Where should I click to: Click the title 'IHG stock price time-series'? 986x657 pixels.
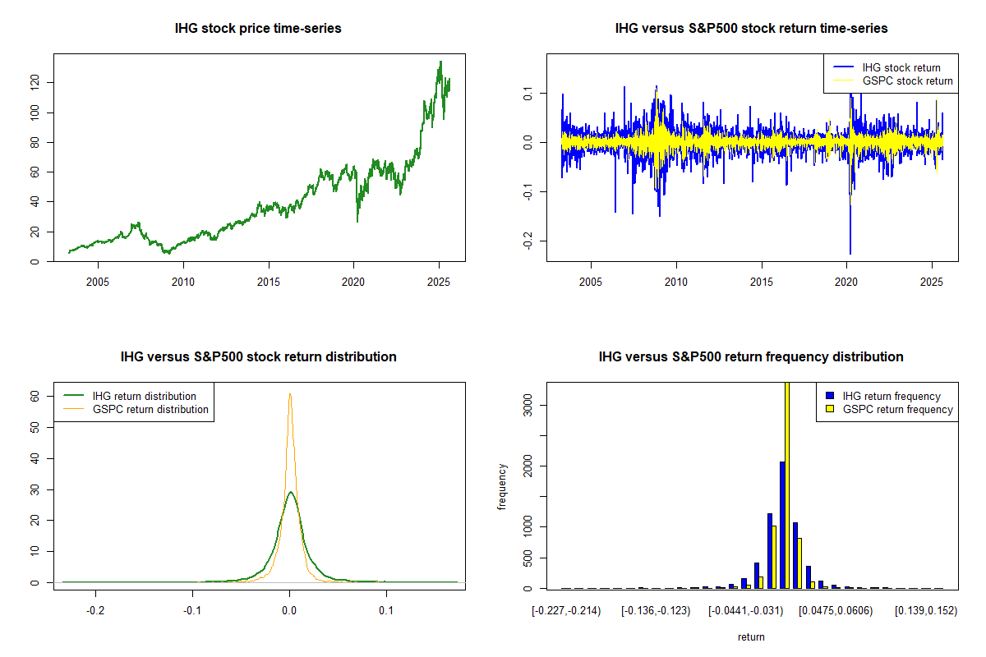tap(258, 29)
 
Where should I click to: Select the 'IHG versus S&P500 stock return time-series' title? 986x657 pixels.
tap(751, 29)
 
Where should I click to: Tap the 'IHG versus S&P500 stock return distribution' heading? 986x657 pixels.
tap(258, 357)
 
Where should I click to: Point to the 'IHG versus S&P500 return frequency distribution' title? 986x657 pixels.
tap(751, 357)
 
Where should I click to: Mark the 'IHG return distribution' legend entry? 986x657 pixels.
tap(145, 396)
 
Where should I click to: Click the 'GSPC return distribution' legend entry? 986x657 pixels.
tap(150, 409)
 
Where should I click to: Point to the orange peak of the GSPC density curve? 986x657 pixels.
tap(290, 394)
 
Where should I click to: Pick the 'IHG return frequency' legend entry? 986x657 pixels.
tap(891, 396)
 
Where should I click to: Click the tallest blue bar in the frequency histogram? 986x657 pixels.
tap(782, 526)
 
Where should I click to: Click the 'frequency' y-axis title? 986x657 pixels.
tap(502, 486)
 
